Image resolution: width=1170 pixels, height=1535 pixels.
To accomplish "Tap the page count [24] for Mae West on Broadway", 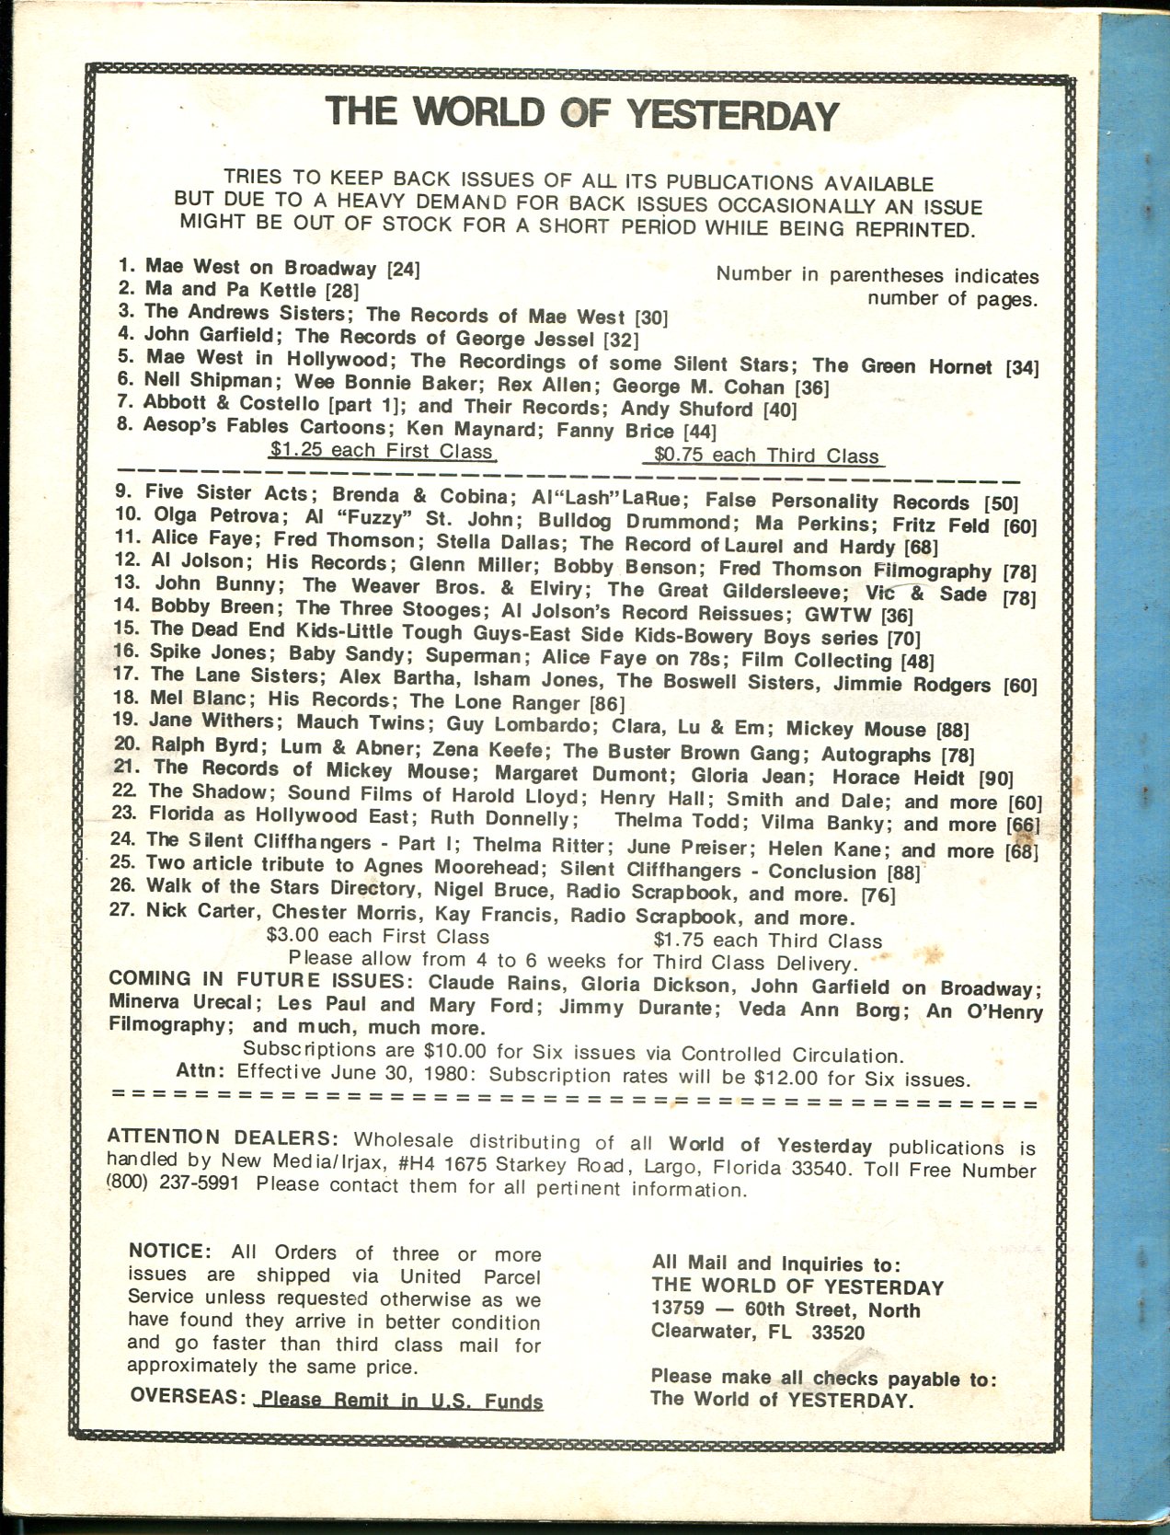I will point(404,270).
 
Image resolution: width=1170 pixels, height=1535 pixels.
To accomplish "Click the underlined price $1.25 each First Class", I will point(381,452).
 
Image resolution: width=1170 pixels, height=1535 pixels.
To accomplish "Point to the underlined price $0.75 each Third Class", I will point(765,456).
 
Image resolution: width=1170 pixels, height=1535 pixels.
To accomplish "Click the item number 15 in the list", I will point(128,629).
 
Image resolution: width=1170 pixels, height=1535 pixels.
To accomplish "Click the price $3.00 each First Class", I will point(376,937).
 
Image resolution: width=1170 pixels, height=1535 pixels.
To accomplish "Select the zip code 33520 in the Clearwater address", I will point(843,1331).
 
